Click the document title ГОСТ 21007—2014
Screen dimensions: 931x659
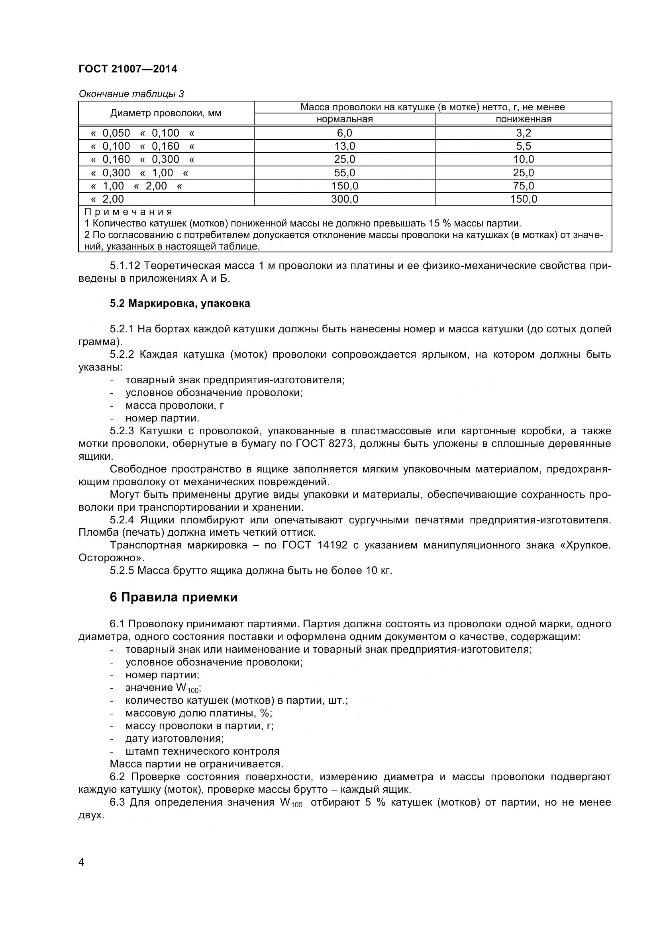(x=128, y=69)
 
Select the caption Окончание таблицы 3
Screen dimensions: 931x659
(x=131, y=94)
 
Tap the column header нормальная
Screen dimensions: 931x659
(x=345, y=119)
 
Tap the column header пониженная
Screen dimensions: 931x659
(x=524, y=119)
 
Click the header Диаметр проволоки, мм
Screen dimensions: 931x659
(x=166, y=113)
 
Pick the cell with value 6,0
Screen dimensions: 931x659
(x=345, y=133)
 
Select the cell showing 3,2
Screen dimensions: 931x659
(x=524, y=133)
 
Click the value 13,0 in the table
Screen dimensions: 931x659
(x=345, y=146)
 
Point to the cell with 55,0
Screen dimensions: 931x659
(x=345, y=173)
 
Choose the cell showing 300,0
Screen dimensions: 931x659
(x=345, y=199)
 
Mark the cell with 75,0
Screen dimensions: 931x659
(x=524, y=186)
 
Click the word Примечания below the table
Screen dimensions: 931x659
(x=128, y=212)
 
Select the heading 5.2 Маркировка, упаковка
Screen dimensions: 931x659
(x=180, y=303)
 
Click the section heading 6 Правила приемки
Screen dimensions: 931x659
(x=173, y=597)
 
